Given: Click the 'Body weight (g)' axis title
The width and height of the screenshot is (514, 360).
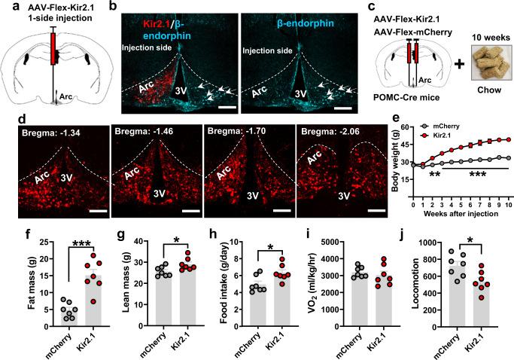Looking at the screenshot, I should point(396,166).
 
